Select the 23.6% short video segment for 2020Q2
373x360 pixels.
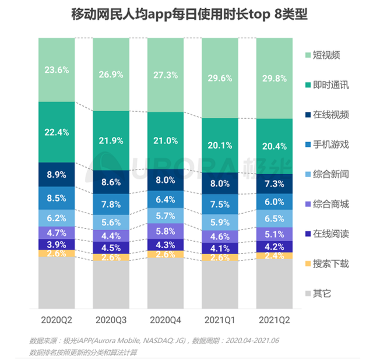[57, 70]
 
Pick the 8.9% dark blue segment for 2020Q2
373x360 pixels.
[57, 174]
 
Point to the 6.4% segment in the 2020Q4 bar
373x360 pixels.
[166, 200]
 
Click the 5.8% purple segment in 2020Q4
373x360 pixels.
[166, 231]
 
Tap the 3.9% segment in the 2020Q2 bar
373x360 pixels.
[57, 245]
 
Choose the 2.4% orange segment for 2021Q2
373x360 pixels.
[275, 255]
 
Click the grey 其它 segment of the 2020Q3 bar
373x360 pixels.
[111, 285]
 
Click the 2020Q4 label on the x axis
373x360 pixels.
[166, 320]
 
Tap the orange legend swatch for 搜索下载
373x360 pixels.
[309, 263]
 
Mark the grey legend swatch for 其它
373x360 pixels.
[309, 292]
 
